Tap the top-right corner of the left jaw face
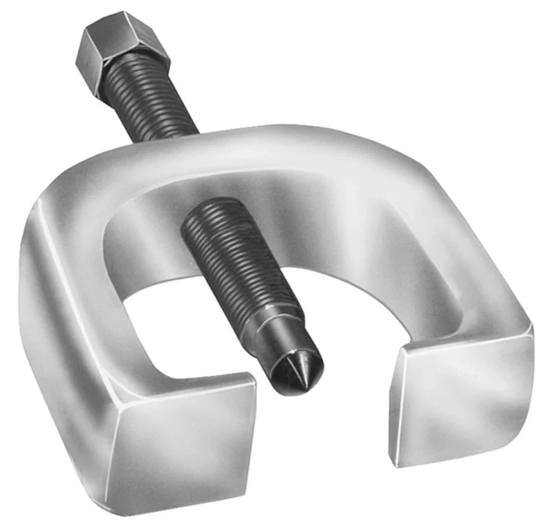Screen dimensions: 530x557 tap(253, 380)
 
